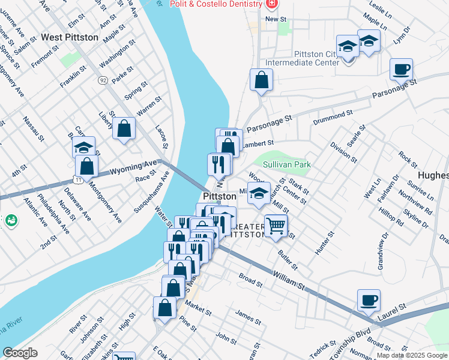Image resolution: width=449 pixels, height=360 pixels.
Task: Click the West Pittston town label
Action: [70, 37]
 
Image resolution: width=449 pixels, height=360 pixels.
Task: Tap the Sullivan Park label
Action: [286, 163]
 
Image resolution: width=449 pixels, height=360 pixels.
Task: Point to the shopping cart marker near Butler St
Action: [276, 226]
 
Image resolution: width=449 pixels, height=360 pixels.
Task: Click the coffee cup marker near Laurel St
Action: [369, 299]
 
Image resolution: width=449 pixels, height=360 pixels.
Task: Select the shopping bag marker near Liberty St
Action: [124, 128]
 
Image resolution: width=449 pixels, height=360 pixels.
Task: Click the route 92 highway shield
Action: [103, 79]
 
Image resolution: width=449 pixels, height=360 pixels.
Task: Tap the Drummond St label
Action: [332, 114]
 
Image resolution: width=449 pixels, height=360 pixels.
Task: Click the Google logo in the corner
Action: [20, 353]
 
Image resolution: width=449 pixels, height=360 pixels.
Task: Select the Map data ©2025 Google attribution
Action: [412, 355]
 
